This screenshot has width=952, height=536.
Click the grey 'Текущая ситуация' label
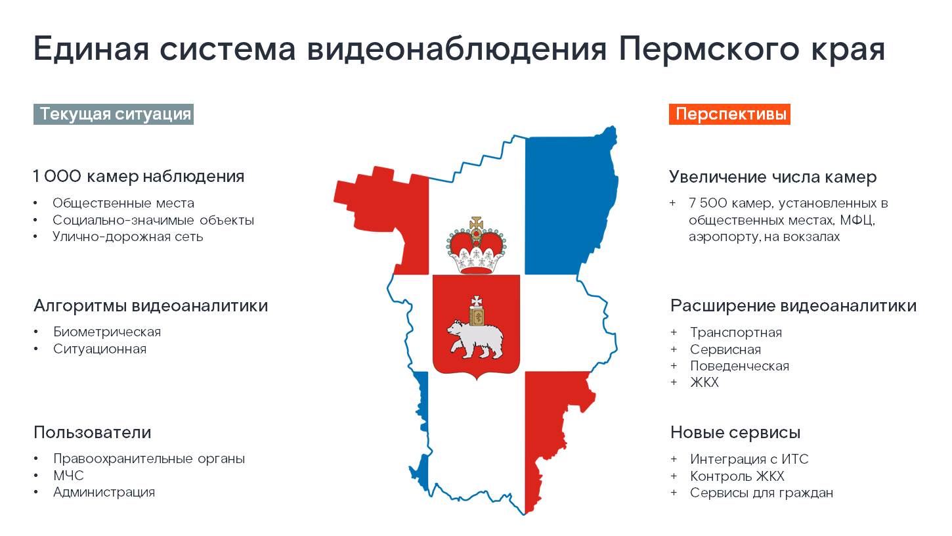(x=114, y=114)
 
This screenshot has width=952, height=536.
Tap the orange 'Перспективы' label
(x=729, y=114)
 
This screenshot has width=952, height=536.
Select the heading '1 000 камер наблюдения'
(x=139, y=177)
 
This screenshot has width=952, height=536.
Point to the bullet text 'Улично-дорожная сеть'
(x=127, y=236)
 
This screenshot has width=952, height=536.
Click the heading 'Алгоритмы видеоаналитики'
(x=150, y=305)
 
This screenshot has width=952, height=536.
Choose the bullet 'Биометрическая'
(x=107, y=332)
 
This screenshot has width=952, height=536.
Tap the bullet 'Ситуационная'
(x=100, y=349)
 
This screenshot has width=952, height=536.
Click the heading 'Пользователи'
(x=92, y=432)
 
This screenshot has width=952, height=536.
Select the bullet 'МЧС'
(x=68, y=475)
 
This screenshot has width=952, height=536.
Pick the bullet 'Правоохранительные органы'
(x=149, y=458)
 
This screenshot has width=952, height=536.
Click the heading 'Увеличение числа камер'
(x=773, y=177)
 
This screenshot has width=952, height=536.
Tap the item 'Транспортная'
(x=736, y=332)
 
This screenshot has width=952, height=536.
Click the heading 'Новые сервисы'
(x=735, y=432)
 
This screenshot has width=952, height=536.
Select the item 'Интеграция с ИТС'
(x=749, y=459)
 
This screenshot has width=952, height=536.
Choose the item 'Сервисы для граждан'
(x=762, y=493)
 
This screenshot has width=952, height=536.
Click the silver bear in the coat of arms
(x=476, y=339)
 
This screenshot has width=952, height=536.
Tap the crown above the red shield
(x=477, y=246)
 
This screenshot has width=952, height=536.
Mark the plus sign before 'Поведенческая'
(x=674, y=366)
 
